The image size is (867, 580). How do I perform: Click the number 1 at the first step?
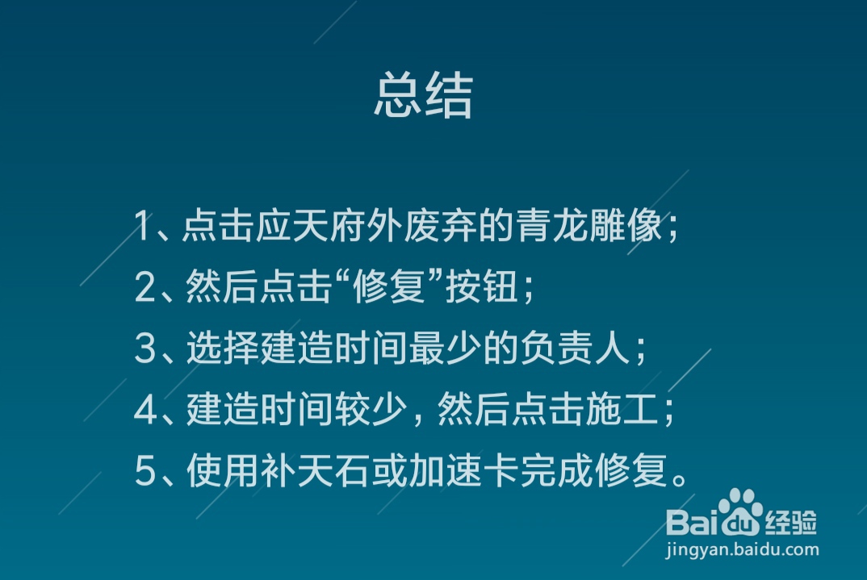point(143,227)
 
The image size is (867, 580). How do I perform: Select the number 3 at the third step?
point(144,349)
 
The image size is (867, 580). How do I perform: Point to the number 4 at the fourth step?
point(144,411)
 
